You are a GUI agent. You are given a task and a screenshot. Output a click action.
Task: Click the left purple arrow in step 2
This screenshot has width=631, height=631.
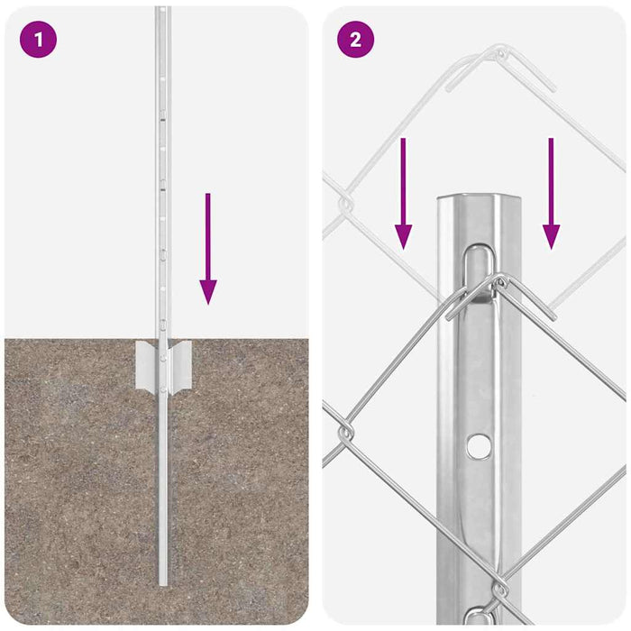pyautogui.click(x=403, y=193)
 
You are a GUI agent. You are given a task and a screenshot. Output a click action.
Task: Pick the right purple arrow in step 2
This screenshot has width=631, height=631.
pyautogui.click(x=551, y=193)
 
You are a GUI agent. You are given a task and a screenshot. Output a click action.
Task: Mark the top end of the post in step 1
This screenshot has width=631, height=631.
pyautogui.click(x=162, y=11)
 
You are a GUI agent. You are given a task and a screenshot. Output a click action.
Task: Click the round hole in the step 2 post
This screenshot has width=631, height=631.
pyautogui.click(x=479, y=444)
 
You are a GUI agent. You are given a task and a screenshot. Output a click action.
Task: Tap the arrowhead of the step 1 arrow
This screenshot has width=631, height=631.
pyautogui.click(x=208, y=291)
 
